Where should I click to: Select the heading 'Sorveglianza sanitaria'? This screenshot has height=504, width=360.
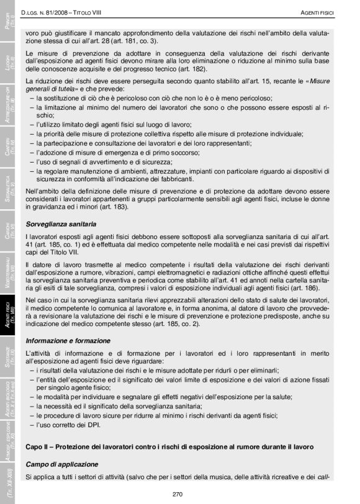coord(61,223)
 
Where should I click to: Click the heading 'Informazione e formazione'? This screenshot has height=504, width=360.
coord(68,341)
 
